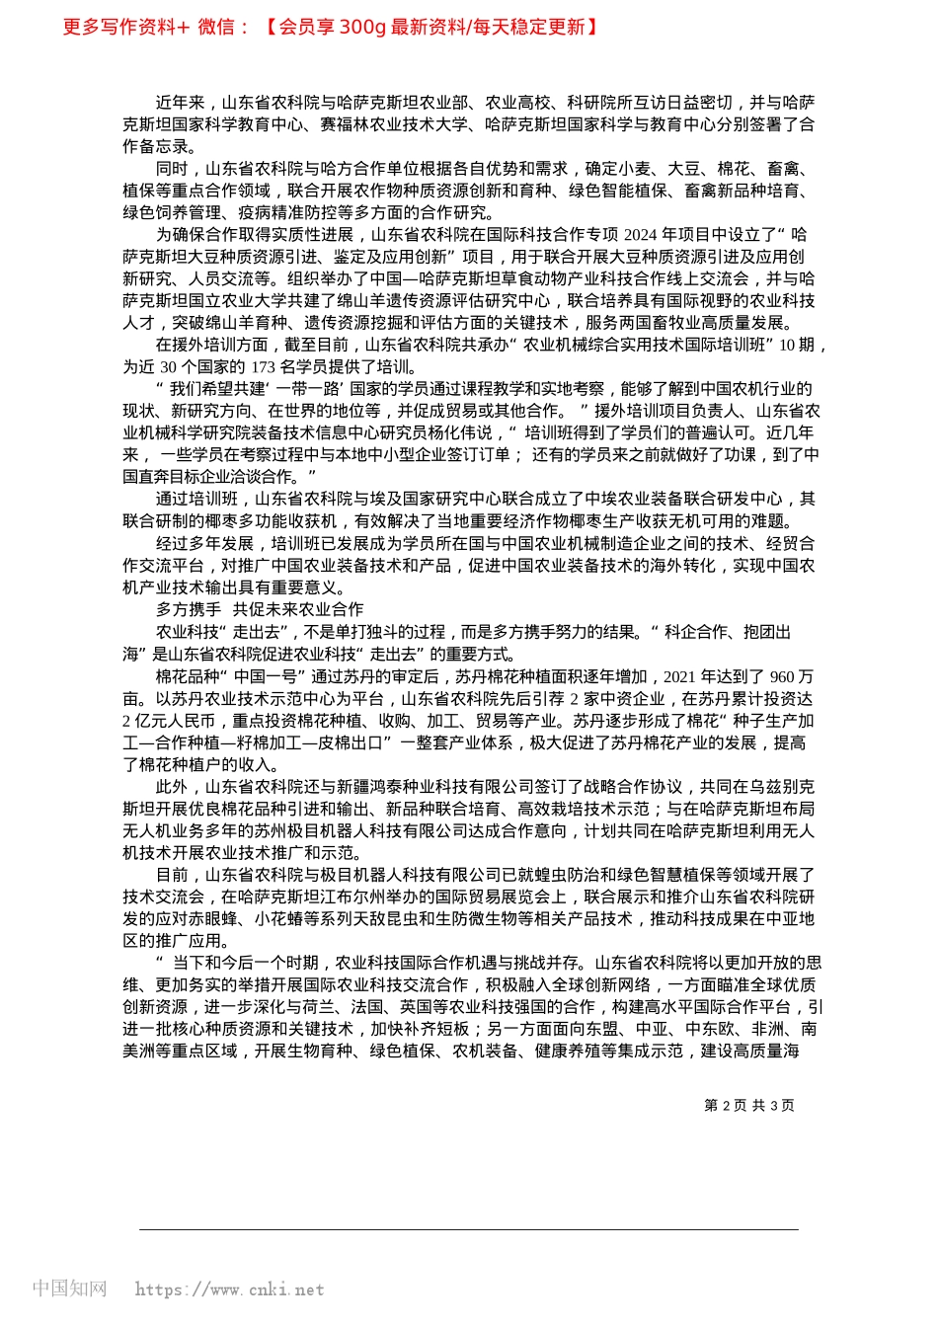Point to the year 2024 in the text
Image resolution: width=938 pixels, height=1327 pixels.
coord(640,235)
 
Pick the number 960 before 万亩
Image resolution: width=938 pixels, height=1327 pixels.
coord(781,676)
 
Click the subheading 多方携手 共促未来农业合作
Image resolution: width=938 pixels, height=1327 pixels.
coord(259,610)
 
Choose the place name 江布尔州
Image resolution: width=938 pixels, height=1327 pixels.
coord(371,898)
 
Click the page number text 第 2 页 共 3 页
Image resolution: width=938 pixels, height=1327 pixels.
coord(748,1106)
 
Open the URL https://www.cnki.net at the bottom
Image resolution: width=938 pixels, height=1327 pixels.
coord(229,1289)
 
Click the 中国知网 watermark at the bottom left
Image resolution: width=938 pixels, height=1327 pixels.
coord(69,1288)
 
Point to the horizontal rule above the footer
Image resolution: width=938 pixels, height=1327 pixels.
coord(469,1229)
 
